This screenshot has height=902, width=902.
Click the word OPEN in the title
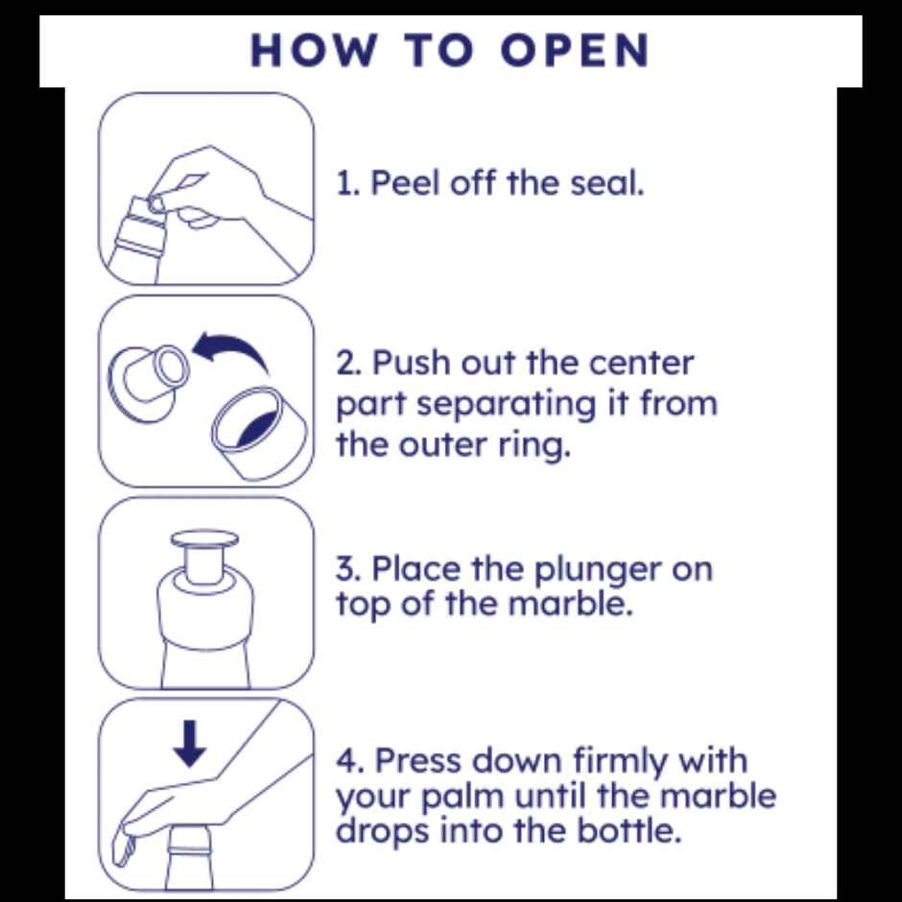[x=575, y=51]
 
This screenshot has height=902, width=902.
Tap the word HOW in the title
[x=315, y=51]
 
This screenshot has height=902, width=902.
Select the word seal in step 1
[x=606, y=183]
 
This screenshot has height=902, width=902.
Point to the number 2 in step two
[x=346, y=364]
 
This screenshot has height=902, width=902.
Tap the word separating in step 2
[x=507, y=406]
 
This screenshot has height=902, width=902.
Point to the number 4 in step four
[x=347, y=761]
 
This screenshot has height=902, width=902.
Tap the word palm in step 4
[x=463, y=797]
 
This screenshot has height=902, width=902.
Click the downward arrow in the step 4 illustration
[x=190, y=744]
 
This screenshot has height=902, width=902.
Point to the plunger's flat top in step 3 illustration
[x=204, y=538]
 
